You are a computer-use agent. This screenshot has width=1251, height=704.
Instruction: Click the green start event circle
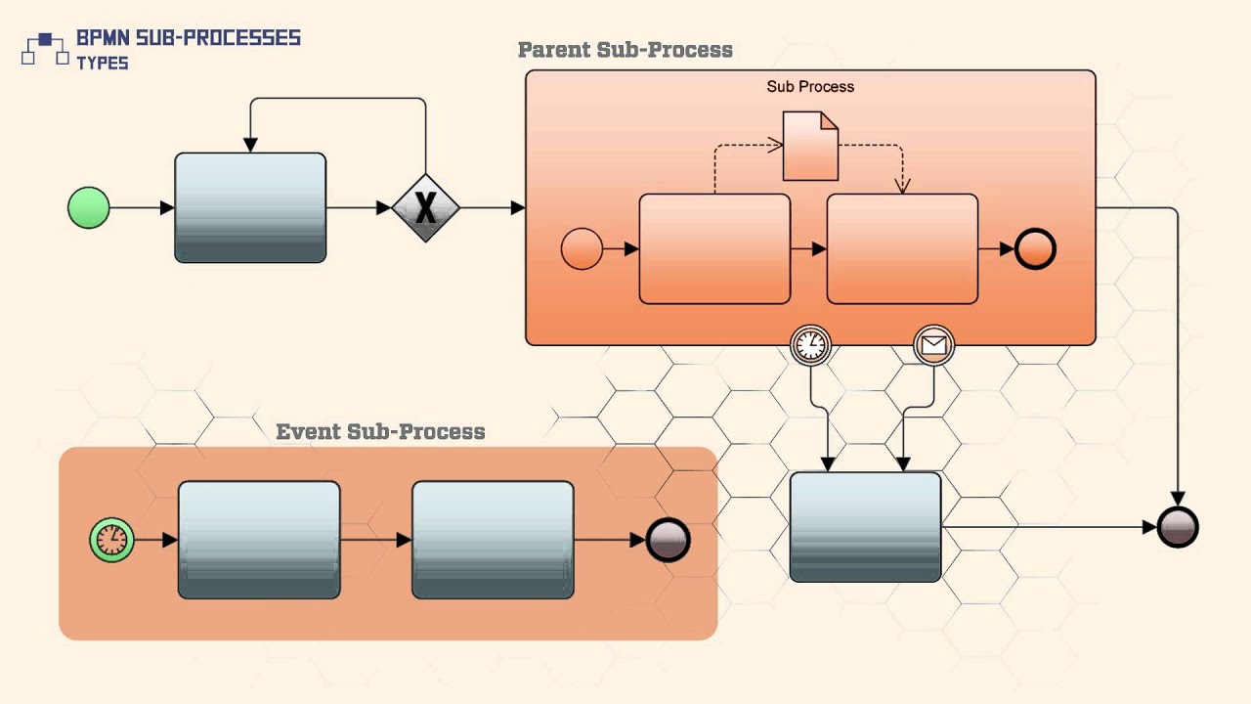coord(89,207)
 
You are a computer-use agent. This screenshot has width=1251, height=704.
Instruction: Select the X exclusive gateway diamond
coord(425,207)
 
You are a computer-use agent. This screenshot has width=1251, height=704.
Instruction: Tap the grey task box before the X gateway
coord(250,207)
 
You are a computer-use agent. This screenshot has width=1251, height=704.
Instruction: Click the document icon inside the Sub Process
coord(810,147)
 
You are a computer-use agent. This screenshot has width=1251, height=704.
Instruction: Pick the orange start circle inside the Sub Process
coord(582,249)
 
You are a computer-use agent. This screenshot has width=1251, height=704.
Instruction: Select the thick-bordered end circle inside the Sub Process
coord(1035,249)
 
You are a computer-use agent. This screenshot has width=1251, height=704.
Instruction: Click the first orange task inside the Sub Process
coord(714,249)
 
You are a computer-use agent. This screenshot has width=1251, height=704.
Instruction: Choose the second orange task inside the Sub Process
coord(902,249)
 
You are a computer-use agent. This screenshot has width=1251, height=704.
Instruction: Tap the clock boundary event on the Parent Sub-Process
coord(810,344)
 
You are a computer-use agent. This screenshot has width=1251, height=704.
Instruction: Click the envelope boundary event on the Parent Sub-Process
coord(933,344)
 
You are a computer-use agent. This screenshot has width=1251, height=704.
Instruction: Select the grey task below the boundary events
coord(865,527)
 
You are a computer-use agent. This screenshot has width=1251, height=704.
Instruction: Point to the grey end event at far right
coord(1178,527)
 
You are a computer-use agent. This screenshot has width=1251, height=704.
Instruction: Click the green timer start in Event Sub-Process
coord(111,540)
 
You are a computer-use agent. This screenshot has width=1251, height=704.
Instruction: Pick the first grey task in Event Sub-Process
coord(259,540)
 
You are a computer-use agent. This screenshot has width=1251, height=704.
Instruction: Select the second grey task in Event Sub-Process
coord(493,540)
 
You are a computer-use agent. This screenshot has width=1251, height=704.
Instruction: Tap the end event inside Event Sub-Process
coord(669,540)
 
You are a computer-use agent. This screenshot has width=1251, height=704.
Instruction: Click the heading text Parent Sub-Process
coord(625,50)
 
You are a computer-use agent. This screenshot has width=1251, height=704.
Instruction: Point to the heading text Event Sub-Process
coord(380,431)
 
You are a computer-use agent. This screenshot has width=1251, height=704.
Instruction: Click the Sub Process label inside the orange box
coord(810,86)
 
